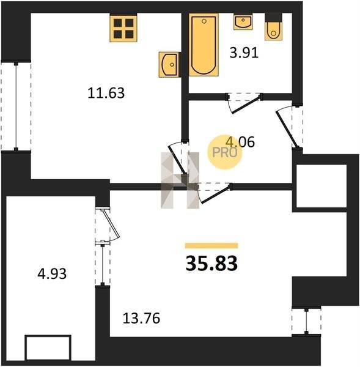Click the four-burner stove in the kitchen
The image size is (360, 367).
point(123,28)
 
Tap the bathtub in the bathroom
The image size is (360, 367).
point(204,45)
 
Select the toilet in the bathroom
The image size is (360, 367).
point(273,27)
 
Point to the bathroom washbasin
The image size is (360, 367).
point(243,21)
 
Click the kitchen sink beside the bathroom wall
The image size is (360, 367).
point(169,65)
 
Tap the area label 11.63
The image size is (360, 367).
point(106,93)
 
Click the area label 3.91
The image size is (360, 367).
point(244,53)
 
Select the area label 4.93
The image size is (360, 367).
point(52,273)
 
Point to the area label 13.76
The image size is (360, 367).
point(141,318)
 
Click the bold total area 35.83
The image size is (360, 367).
point(211,263)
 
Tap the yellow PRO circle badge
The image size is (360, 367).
point(225,152)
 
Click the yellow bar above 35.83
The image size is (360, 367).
point(211,245)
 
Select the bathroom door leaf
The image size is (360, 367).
point(246,105)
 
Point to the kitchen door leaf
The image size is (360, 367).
point(177,160)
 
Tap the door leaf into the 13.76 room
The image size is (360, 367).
point(216,194)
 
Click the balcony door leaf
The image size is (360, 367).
point(111,223)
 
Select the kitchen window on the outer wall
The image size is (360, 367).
point(16,106)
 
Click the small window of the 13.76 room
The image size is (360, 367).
point(306,321)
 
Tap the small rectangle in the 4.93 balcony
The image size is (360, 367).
point(48,347)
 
